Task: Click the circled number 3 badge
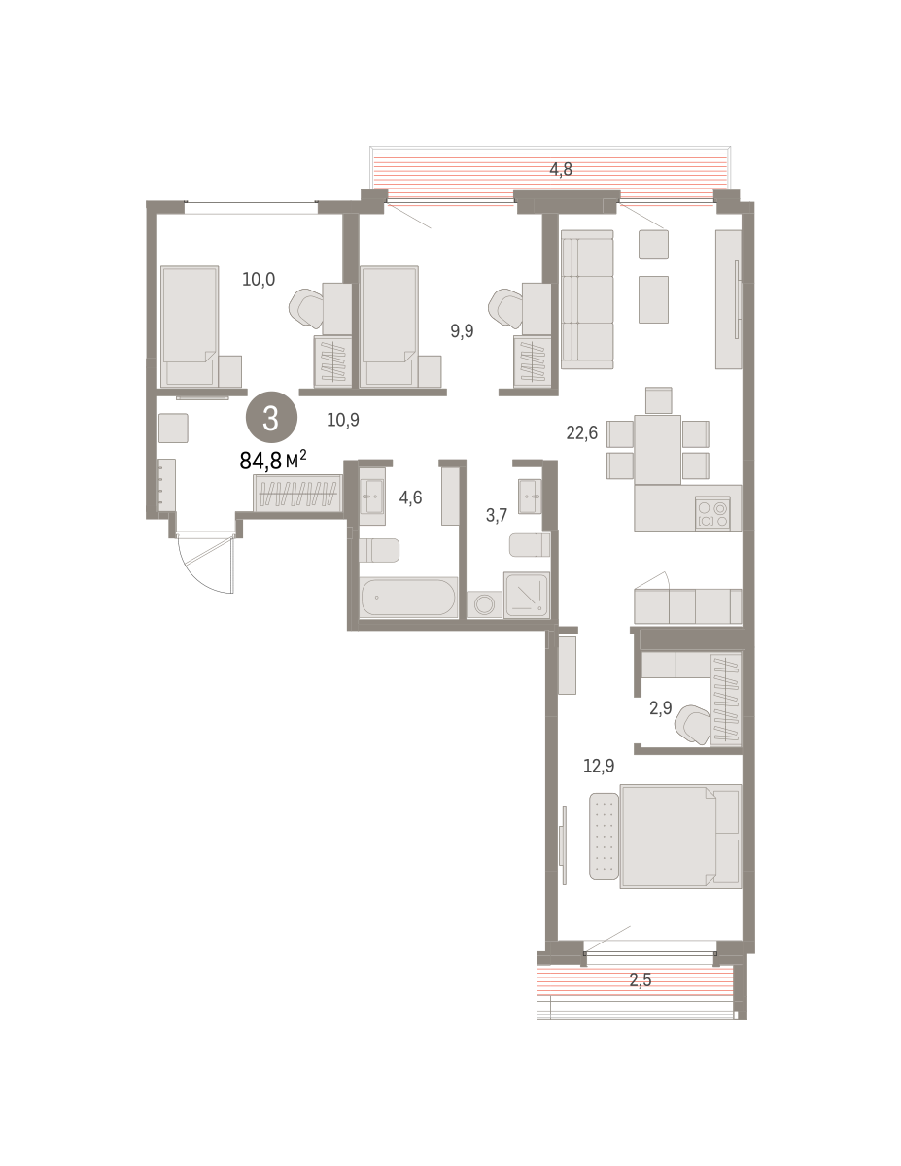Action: [271, 418]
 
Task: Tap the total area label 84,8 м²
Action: [272, 460]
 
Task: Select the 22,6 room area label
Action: [581, 432]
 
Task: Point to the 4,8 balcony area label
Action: [561, 170]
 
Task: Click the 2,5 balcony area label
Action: [641, 980]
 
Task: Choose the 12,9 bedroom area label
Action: [599, 766]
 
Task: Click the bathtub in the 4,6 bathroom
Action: [408, 598]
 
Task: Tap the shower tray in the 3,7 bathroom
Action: [527, 595]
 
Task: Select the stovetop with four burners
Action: [712, 513]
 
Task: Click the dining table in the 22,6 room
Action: [657, 450]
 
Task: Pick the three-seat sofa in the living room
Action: [587, 299]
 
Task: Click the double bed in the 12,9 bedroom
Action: [680, 837]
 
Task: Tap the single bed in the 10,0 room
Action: [190, 326]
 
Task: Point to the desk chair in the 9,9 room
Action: [505, 308]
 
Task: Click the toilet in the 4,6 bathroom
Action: [379, 551]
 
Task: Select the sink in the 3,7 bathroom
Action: [530, 497]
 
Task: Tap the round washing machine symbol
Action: [485, 604]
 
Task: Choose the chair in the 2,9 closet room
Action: [692, 725]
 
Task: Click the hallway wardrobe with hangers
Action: [297, 492]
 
